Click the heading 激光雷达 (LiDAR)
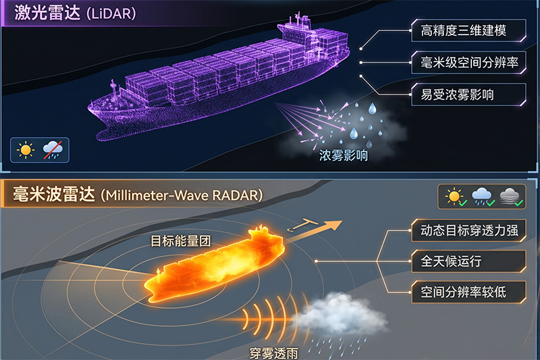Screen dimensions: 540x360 click(75, 13)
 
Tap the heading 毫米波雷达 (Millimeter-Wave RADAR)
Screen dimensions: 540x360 click(138, 195)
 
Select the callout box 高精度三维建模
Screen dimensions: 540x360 click(468, 30)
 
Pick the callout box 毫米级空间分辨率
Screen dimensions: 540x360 click(468, 62)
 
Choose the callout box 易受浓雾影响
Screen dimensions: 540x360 click(468, 95)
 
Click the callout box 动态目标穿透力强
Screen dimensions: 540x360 click(468, 230)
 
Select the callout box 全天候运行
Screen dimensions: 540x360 click(468, 261)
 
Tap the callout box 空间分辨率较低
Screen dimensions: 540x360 click(468, 292)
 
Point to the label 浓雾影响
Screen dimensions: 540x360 click(344, 155)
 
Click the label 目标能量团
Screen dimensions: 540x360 click(181, 241)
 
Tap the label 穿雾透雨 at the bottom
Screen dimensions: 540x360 click(274, 353)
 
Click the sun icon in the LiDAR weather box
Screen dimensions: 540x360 click(26, 150)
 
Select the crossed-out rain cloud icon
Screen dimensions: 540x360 click(53, 150)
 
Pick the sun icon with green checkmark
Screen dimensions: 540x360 click(456, 197)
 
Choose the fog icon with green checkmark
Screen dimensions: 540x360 click(511, 197)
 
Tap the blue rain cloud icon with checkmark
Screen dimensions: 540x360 click(483, 197)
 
